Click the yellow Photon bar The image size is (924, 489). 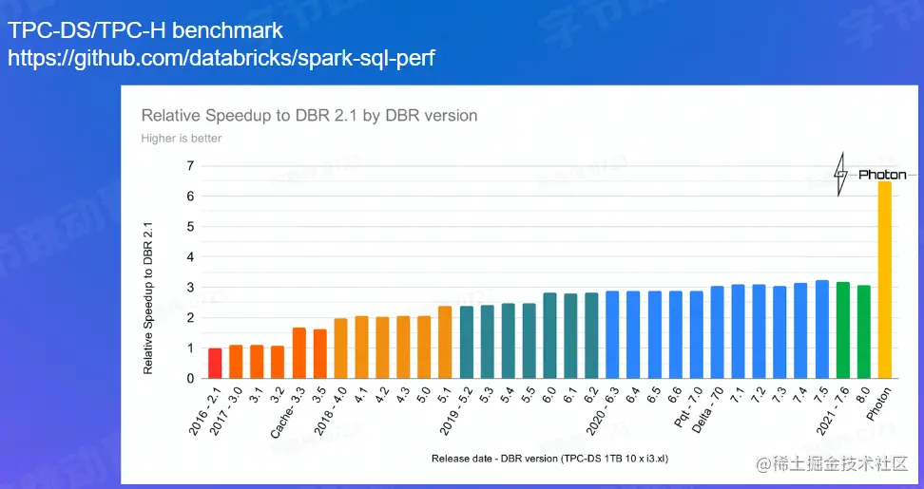(884, 280)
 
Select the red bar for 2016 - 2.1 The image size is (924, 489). (215, 364)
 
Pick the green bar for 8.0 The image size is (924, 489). (863, 332)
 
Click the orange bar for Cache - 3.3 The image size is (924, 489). (298, 353)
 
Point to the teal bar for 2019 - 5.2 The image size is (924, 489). (466, 343)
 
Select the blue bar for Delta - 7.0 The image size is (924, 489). (717, 332)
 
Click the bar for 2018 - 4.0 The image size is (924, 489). (340, 348)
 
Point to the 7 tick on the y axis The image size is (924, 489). (190, 166)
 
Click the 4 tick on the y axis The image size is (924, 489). (190, 257)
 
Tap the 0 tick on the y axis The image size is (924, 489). (190, 379)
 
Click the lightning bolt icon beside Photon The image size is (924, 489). (840, 175)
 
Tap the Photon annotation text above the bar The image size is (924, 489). (882, 175)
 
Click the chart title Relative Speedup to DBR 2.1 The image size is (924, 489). (309, 116)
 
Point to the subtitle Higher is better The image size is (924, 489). (182, 139)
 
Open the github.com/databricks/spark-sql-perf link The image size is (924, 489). (221, 58)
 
